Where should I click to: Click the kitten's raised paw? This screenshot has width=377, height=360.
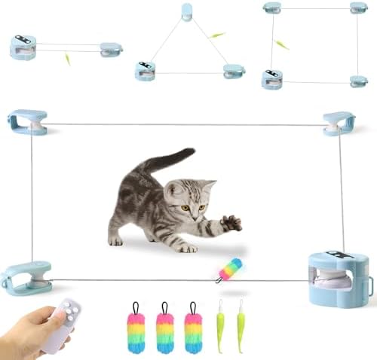[x=231, y=222]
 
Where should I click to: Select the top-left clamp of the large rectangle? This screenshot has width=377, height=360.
[x=27, y=122]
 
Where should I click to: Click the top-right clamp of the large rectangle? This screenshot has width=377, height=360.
[x=339, y=123]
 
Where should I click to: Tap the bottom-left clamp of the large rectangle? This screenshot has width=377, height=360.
[x=26, y=276]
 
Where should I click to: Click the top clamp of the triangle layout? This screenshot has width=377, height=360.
[x=186, y=13]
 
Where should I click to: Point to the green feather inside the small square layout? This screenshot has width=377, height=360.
[x=281, y=45]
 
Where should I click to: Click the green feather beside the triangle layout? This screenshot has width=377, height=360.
[x=217, y=35]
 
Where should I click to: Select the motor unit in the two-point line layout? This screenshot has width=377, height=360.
[x=23, y=46]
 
